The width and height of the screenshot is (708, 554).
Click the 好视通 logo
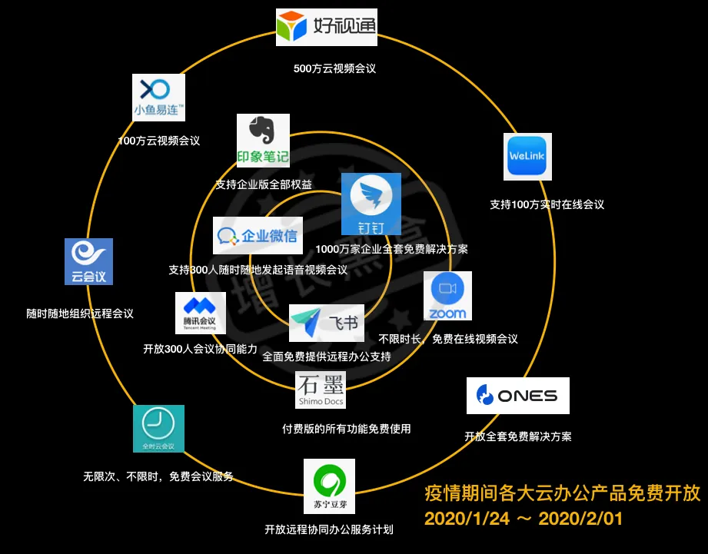point(327,28)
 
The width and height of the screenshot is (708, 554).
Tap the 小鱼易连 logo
point(159,97)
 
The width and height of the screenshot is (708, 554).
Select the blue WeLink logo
point(528,157)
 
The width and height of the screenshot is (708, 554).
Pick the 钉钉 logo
point(371,204)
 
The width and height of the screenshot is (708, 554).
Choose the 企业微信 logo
point(257,236)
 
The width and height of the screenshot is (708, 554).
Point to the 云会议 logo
point(88,261)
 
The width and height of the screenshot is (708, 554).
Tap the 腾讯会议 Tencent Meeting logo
point(200,313)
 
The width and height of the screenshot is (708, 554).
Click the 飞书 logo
point(327,323)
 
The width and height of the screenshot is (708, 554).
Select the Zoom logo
point(447,295)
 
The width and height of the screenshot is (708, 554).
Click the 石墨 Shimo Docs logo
point(321,390)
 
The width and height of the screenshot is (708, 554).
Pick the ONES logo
point(517,396)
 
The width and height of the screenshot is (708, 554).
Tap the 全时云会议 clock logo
point(158,428)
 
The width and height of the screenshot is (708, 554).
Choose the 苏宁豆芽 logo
point(329,486)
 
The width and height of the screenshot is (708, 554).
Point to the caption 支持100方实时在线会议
point(547,204)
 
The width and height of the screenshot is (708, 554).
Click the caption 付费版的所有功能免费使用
point(347,429)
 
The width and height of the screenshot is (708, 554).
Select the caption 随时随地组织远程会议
point(80,313)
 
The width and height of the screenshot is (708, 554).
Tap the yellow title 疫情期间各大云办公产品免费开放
point(563,493)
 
